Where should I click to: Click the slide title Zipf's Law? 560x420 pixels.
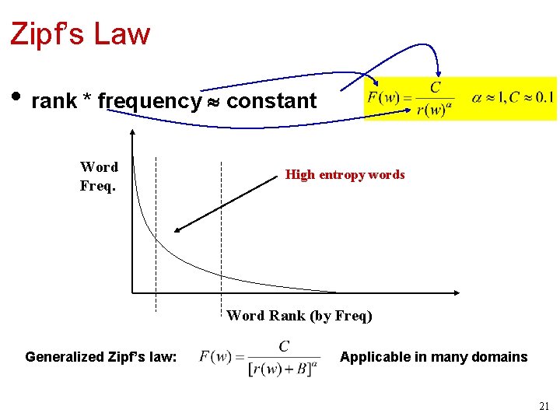tap(79, 34)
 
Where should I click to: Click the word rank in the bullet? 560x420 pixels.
tap(54, 101)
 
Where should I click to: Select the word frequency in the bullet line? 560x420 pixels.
tap(149, 101)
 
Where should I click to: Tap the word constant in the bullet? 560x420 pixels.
tap(271, 101)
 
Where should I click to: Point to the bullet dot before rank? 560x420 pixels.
tap(16, 99)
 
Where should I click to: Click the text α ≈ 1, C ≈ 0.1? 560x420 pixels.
tap(513, 98)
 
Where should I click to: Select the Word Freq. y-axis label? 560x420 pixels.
tap(99, 177)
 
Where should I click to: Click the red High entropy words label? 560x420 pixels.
tap(345, 175)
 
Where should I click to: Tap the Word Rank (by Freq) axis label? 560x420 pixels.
tap(299, 316)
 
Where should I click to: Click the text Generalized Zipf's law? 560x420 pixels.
tap(101, 357)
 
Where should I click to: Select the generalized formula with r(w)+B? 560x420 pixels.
tap(259, 357)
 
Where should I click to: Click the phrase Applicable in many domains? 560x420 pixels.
tap(433, 357)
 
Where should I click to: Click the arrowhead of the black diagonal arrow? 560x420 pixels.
tap(178, 230)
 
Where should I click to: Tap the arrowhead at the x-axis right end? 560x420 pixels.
tap(457, 293)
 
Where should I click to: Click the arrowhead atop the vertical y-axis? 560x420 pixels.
tap(133, 132)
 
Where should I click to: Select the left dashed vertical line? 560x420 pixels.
tap(156, 233)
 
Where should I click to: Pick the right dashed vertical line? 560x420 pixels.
tap(222, 233)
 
